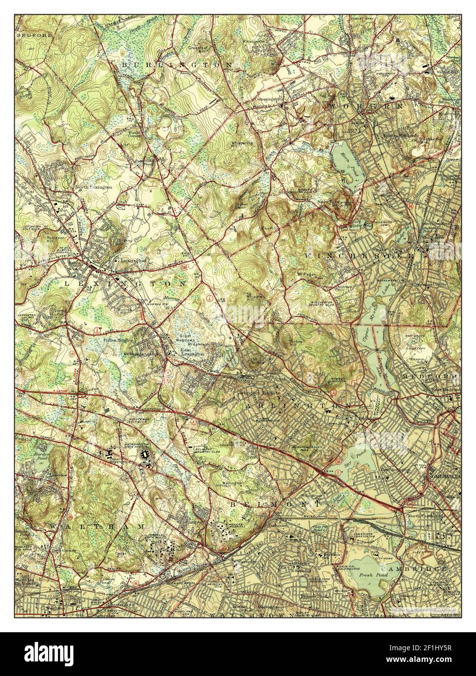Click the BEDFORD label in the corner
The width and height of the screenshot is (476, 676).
coord(28,36)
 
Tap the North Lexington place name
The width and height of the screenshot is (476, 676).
coord(93,187)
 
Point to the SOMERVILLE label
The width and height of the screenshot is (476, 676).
coord(443,477)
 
